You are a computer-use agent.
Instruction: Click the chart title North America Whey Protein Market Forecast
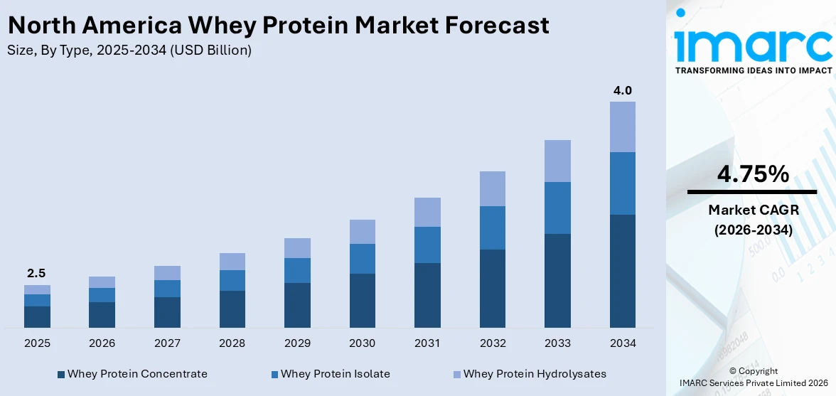pyautogui.click(x=278, y=26)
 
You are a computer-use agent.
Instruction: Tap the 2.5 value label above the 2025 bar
pyautogui.click(x=36, y=273)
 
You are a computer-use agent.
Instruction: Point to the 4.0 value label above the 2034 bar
pyautogui.click(x=623, y=90)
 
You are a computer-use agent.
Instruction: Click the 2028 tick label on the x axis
pyautogui.click(x=232, y=343)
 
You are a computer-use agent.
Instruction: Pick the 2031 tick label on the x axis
pyautogui.click(x=427, y=343)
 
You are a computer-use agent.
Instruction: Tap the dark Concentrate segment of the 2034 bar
pyautogui.click(x=623, y=271)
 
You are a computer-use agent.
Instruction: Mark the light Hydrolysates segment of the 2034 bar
pyautogui.click(x=623, y=127)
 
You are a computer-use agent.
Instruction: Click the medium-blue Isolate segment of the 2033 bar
pyautogui.click(x=557, y=208)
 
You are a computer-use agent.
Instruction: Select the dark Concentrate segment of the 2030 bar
pyautogui.click(x=362, y=300)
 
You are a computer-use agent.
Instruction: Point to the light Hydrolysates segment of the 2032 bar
pyautogui.click(x=492, y=188)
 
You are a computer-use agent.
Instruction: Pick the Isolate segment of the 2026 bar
pyautogui.click(x=102, y=295)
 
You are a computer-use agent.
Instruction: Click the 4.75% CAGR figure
pyautogui.click(x=752, y=173)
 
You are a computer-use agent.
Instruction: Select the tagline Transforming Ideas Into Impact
pyautogui.click(x=753, y=70)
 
